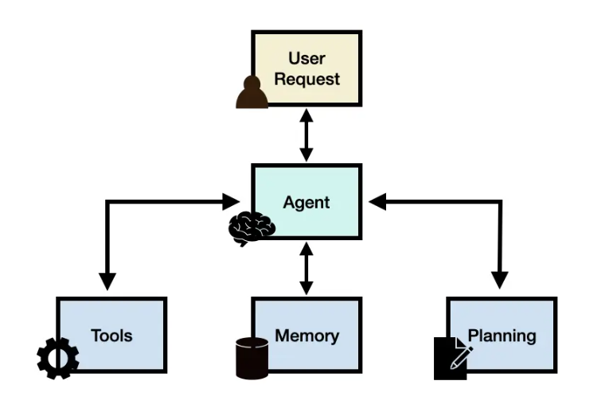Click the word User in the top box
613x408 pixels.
click(x=306, y=59)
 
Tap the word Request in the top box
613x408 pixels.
click(x=306, y=80)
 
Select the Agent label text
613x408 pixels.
click(x=306, y=203)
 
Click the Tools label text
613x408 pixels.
click(x=111, y=336)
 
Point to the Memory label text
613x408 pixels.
click(x=306, y=336)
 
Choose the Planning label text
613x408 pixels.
click(x=502, y=336)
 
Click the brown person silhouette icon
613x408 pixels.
click(x=252, y=92)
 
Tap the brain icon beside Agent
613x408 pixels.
click(x=252, y=228)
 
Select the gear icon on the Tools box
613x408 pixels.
click(x=58, y=359)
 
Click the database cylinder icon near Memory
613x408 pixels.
click(x=252, y=359)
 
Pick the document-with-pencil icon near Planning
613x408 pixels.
click(x=453, y=359)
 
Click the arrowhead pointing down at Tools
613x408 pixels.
click(x=107, y=282)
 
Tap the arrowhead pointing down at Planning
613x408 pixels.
click(x=500, y=280)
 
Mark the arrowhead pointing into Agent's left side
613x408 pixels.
click(x=231, y=201)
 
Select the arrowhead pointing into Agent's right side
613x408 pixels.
click(x=377, y=201)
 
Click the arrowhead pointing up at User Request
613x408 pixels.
click(x=306, y=115)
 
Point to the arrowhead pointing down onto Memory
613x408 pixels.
click(x=306, y=288)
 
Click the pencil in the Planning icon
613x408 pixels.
click(x=461, y=357)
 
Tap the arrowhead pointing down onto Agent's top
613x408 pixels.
click(x=306, y=154)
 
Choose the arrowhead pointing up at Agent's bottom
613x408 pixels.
click(x=306, y=249)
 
